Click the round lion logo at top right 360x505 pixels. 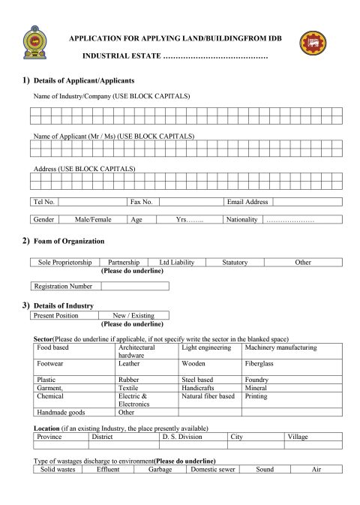pyautogui.click(x=313, y=44)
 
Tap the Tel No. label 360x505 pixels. pyautogui.click(x=44, y=202)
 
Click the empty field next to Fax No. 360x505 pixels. pyautogui.click(x=190, y=202)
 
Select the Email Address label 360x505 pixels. pyautogui.click(x=247, y=202)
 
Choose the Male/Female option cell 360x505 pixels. pyautogui.click(x=93, y=220)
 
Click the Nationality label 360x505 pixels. pyautogui.click(x=241, y=220)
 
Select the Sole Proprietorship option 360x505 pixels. pyautogui.click(x=65, y=263)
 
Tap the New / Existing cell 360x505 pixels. pyautogui.click(x=133, y=316)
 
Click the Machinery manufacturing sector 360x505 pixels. pyautogui.click(x=280, y=348)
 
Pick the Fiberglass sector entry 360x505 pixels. pyautogui.click(x=259, y=363)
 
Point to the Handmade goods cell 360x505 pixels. pyautogui.click(x=61, y=412)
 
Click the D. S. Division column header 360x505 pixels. pyautogui.click(x=182, y=436)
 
